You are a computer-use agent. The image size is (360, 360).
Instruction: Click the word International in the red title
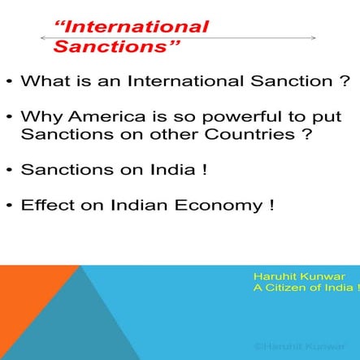138,28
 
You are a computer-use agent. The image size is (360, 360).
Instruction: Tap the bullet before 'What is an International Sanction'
7,82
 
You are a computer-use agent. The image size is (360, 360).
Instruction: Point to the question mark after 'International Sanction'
348,81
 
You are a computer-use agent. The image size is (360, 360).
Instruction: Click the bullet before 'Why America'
7,117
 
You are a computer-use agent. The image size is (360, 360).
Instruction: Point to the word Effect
46,205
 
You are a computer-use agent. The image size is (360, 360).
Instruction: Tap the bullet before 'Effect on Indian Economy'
7,206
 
